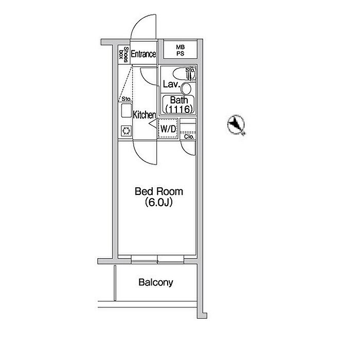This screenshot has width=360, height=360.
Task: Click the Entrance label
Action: [x=143, y=54]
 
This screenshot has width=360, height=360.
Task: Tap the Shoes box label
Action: [x=123, y=53]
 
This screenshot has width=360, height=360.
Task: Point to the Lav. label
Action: [x=170, y=84]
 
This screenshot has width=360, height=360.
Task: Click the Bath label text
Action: [x=178, y=100]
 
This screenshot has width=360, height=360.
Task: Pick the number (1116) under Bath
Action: [x=178, y=109]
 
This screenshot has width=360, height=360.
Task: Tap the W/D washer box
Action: [x=168, y=129]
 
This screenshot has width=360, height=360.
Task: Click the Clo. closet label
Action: [x=189, y=137]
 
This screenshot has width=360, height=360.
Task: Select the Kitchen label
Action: [x=145, y=115]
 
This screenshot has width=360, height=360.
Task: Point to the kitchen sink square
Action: [x=126, y=111]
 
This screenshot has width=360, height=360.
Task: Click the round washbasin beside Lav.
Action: [x=186, y=88]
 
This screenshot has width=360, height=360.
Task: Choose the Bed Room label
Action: [x=158, y=192]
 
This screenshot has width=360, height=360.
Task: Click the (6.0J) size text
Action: [x=158, y=203]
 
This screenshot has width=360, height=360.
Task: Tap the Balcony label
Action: [x=156, y=282]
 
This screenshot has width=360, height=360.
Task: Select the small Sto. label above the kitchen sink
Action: [x=126, y=98]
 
